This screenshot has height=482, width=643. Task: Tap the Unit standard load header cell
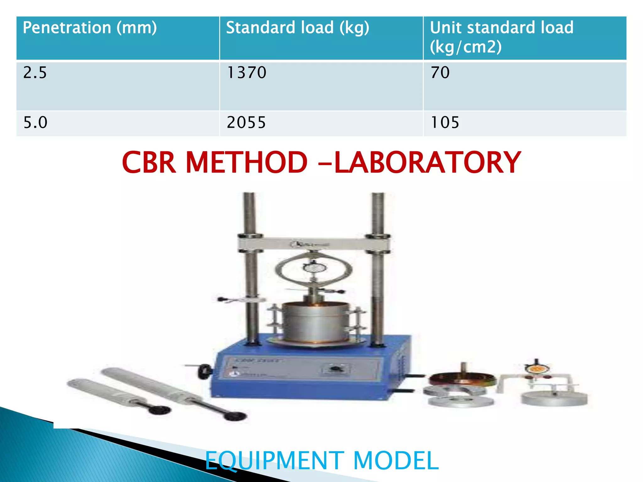point(501,37)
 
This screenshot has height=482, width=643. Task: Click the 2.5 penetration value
point(35,73)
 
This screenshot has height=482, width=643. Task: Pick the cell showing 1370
point(246,73)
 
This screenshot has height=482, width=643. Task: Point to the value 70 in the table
point(440,73)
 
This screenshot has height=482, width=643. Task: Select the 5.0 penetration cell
point(35,122)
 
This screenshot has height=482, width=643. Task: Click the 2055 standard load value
point(246,122)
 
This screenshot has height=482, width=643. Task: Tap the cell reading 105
point(445,122)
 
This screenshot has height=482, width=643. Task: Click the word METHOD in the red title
point(246,163)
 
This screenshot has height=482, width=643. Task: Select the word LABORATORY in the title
point(427,163)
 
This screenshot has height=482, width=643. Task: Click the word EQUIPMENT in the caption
point(274,460)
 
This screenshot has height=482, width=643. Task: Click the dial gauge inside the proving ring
point(314,268)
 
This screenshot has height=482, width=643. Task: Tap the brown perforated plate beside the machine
point(463,379)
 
